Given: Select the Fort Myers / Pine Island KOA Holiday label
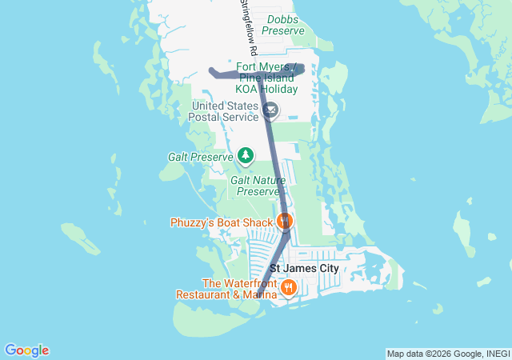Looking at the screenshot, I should tap(267, 78).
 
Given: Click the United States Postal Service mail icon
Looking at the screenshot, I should tap(271, 110).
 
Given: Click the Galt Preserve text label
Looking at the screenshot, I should tap(200, 157).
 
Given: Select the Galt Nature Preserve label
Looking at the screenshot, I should tap(258, 186).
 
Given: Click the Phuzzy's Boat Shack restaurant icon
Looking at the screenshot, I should tap(285, 221).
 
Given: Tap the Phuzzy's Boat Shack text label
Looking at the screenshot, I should tap(222, 222).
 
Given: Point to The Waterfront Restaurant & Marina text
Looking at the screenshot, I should tap(229, 289).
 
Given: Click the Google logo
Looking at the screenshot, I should tap(26, 350).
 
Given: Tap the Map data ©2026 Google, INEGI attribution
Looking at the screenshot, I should tap(448, 354).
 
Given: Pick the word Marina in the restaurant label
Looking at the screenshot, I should tap(257, 294).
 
